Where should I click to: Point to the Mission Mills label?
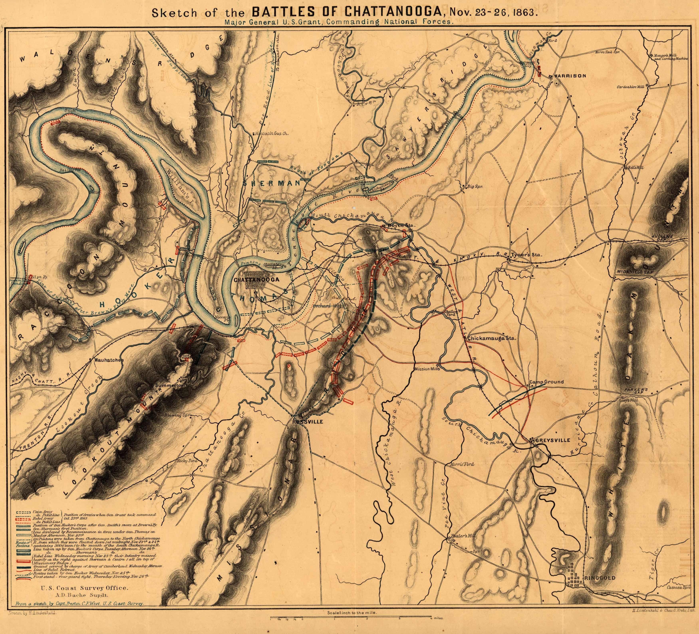click(x=427, y=369)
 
